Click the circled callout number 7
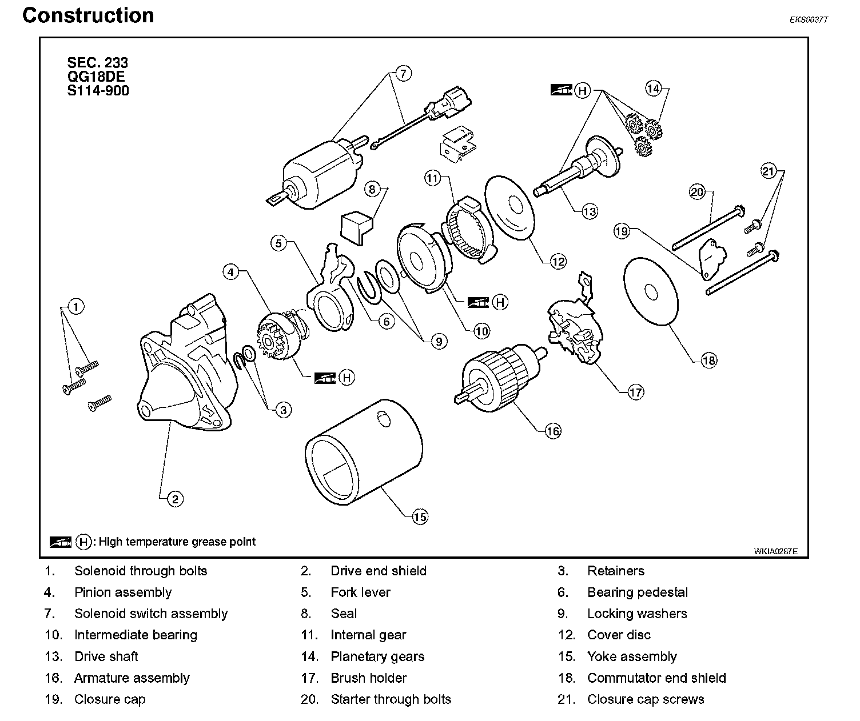403,74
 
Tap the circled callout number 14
653,89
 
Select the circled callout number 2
175,499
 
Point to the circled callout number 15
420,517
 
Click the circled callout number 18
708,360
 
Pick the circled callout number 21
769,170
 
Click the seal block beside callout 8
354,226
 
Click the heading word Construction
88,15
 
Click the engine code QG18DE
96,77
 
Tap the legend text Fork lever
360,592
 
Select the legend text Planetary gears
377,656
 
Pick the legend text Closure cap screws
646,699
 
